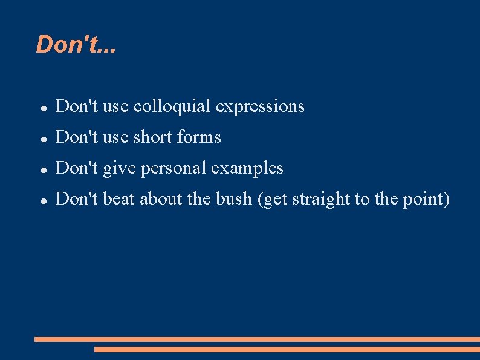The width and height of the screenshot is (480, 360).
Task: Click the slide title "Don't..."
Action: [76, 45]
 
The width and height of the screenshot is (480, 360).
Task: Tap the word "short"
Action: [153, 137]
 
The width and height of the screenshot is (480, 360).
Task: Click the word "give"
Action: [120, 168]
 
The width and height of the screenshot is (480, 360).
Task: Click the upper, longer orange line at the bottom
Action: [257, 339]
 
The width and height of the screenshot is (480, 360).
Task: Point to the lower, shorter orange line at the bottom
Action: [287, 349]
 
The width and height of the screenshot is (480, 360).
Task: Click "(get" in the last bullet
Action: [273, 199]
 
